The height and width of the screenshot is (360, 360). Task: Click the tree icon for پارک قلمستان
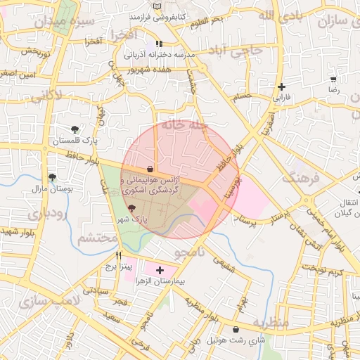click(75, 129)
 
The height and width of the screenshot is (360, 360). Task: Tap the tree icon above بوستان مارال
click(52, 177)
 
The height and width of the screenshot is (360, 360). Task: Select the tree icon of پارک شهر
click(132, 208)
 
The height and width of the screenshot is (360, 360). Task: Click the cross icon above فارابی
click(282, 87)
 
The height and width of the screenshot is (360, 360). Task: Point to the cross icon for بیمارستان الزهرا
click(160, 270)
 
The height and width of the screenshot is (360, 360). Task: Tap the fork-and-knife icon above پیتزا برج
click(119, 255)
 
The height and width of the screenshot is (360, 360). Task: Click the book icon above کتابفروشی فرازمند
click(156, 5)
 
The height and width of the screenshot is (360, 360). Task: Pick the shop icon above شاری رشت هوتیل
click(235, 329)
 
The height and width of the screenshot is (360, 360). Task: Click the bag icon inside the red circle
click(150, 169)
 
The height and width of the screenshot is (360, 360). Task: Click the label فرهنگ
click(301, 177)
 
